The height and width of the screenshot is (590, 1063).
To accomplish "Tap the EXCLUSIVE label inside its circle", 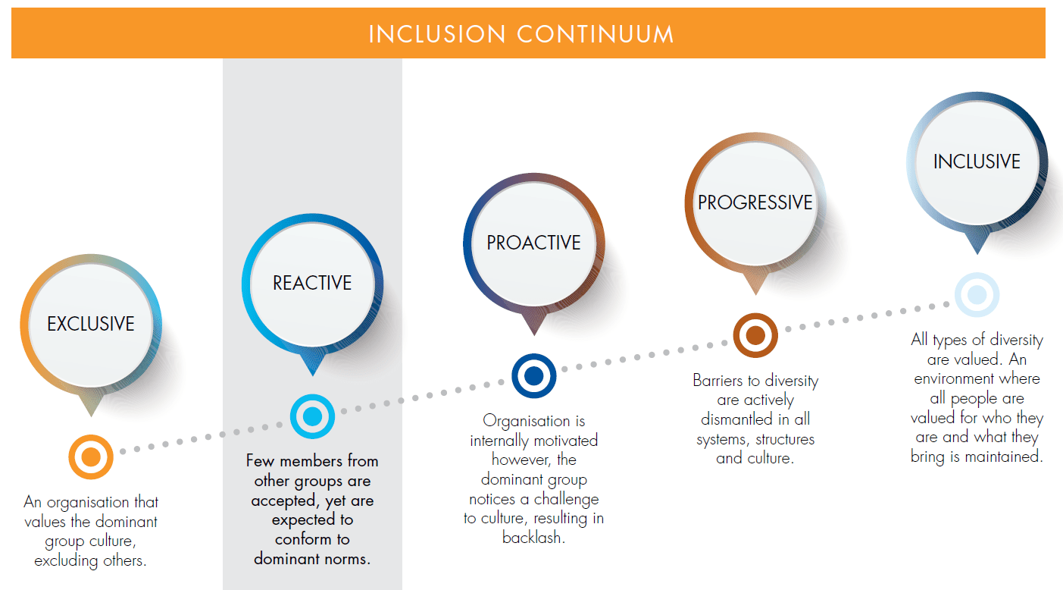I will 91,324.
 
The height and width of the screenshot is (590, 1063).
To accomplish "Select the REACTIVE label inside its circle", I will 312,283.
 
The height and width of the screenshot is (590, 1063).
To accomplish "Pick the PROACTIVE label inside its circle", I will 533,243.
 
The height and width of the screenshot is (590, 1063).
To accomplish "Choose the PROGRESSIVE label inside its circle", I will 755,202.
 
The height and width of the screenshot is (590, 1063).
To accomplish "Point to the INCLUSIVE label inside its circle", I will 976,162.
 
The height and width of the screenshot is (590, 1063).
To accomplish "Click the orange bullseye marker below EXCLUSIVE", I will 91,457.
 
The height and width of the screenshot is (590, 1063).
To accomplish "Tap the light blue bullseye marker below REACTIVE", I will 312,416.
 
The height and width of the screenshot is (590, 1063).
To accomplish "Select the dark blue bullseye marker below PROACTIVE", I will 533,376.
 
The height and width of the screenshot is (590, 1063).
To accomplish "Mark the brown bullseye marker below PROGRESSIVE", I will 755,335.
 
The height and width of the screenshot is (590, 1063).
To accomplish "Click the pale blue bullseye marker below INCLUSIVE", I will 976,294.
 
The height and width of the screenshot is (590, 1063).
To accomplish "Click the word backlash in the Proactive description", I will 533,538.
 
